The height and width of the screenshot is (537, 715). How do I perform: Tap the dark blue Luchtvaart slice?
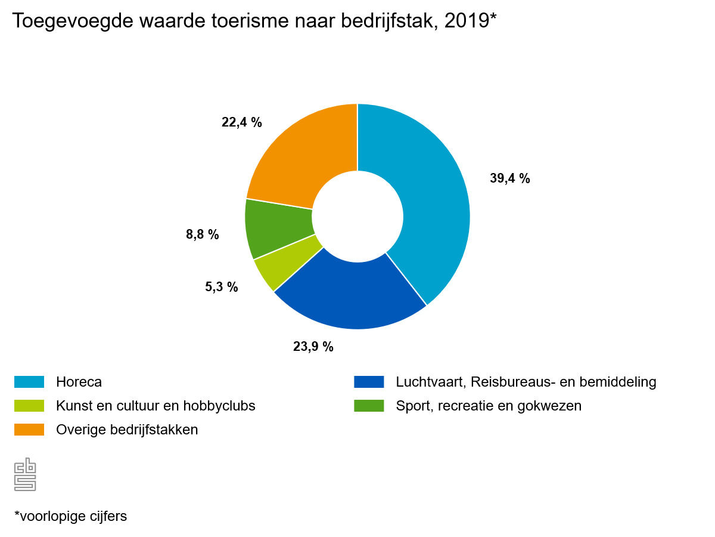click(x=352, y=295)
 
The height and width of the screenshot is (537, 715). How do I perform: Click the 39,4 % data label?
click(x=509, y=178)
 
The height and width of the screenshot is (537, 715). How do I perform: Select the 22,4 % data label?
click(x=241, y=122)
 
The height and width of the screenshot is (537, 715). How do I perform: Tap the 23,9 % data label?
click(x=313, y=346)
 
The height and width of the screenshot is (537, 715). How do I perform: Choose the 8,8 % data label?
click(x=203, y=234)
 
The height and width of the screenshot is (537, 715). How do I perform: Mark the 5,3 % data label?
click(x=221, y=287)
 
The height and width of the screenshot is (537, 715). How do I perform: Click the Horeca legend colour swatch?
click(x=29, y=382)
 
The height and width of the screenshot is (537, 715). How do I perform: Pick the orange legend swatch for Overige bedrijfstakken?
click(x=29, y=430)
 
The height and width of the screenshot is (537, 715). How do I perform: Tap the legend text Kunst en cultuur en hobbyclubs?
click(x=156, y=406)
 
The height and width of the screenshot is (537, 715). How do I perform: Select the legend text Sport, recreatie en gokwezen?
click(x=489, y=406)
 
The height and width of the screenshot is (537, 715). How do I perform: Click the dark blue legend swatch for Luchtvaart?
click(x=369, y=382)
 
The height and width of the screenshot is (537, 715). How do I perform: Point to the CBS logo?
click(x=26, y=474)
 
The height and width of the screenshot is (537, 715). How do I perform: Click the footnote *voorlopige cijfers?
click(x=70, y=516)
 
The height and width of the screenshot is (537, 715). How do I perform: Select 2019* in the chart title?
click(x=470, y=21)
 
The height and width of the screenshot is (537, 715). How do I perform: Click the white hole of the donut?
click(x=357, y=217)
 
